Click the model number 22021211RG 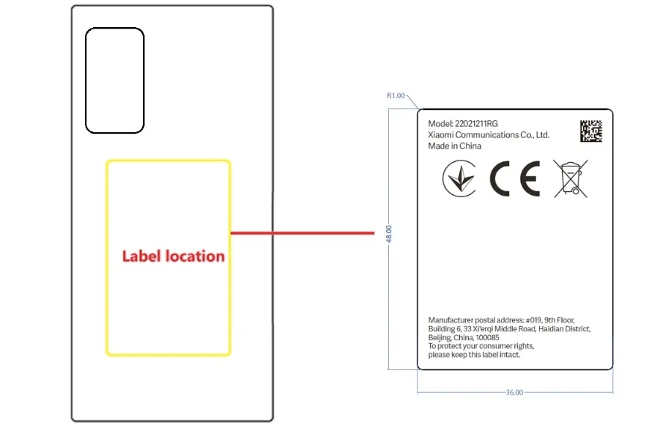point(476,124)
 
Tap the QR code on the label point(591,131)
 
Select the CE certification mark point(515,178)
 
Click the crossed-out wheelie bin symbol point(571,178)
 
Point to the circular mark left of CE point(459,178)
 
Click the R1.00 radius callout point(396,95)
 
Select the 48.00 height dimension point(388,234)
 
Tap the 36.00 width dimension point(514,392)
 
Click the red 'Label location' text point(174,256)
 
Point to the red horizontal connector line point(302,233)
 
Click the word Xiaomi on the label point(440,135)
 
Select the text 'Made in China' point(454,146)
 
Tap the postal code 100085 point(487,337)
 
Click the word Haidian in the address point(552,328)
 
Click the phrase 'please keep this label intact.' point(474,354)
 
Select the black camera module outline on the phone point(115,81)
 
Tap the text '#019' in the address point(533,320)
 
